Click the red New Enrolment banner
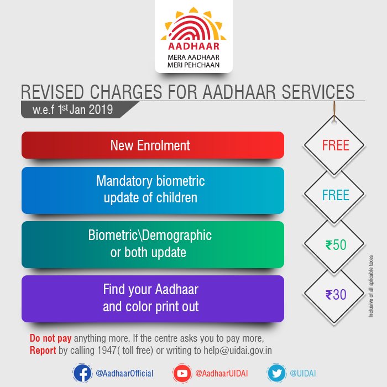click(x=152, y=145)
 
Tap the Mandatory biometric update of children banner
click(x=152, y=190)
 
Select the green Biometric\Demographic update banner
click(x=152, y=244)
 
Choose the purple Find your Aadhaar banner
click(x=152, y=298)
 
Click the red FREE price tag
click(x=335, y=145)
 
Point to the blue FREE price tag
click(x=335, y=195)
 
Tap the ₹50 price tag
click(x=335, y=245)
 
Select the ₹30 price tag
click(x=335, y=295)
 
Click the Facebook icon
click(x=82, y=374)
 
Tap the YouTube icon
click(x=181, y=374)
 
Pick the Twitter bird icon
click(x=276, y=374)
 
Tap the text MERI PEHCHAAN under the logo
click(x=193, y=65)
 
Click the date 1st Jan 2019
click(x=85, y=109)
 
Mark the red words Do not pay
click(x=50, y=338)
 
